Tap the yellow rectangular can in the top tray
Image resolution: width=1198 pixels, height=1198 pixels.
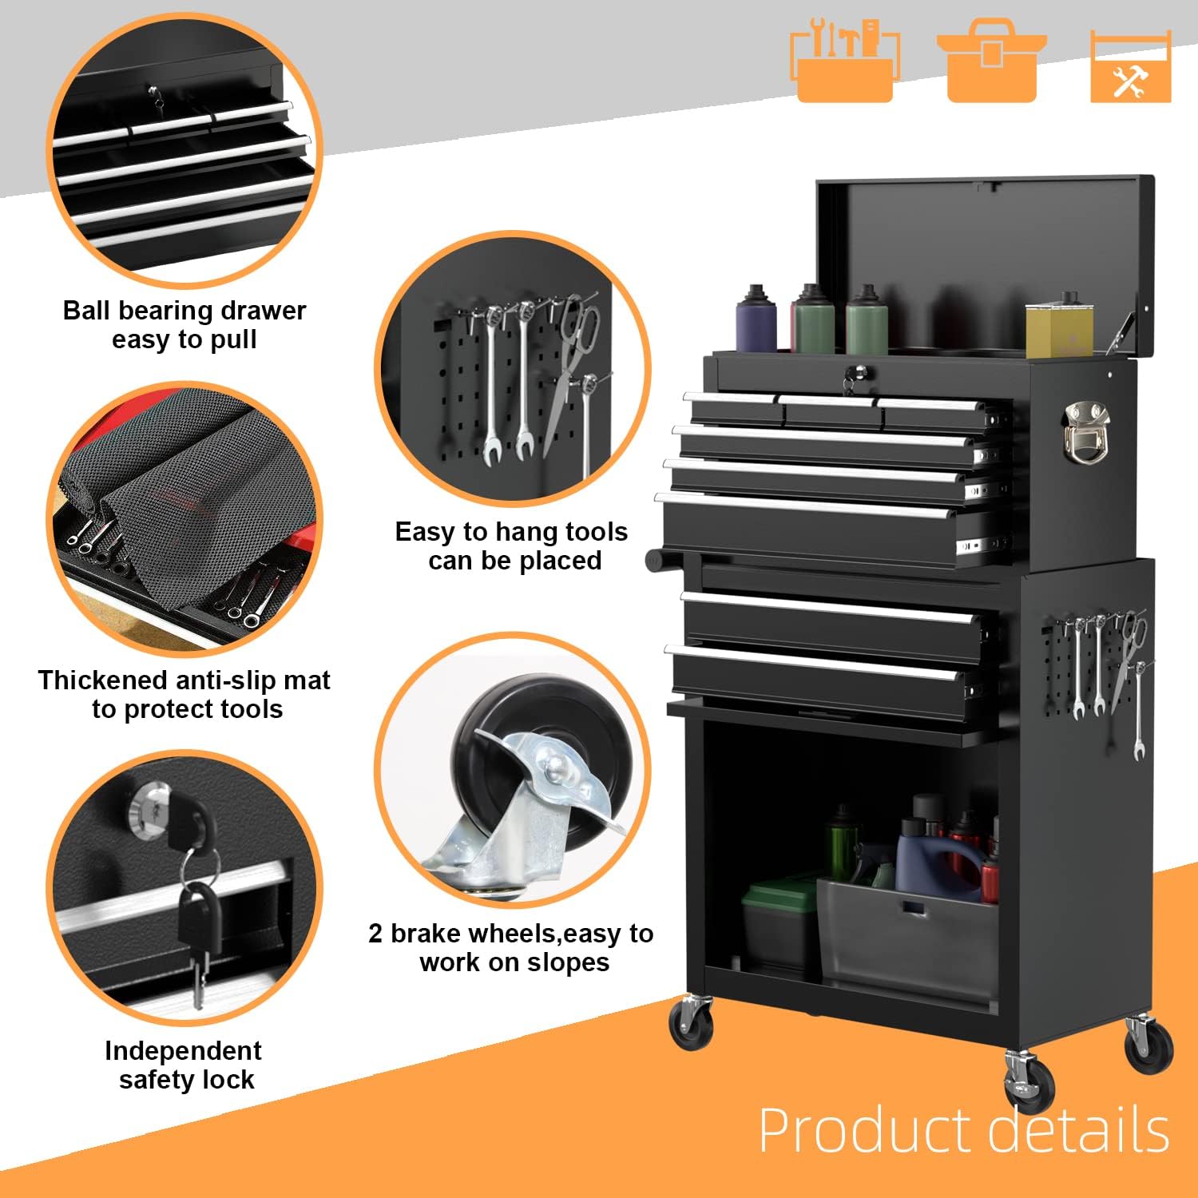pyautogui.click(x=1058, y=329)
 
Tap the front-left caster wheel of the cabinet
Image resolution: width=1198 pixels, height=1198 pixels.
pyautogui.click(x=691, y=1024)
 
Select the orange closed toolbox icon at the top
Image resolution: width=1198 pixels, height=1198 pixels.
pyautogui.click(x=991, y=60)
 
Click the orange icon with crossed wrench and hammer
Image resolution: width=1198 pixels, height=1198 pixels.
pyautogui.click(x=1130, y=68)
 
